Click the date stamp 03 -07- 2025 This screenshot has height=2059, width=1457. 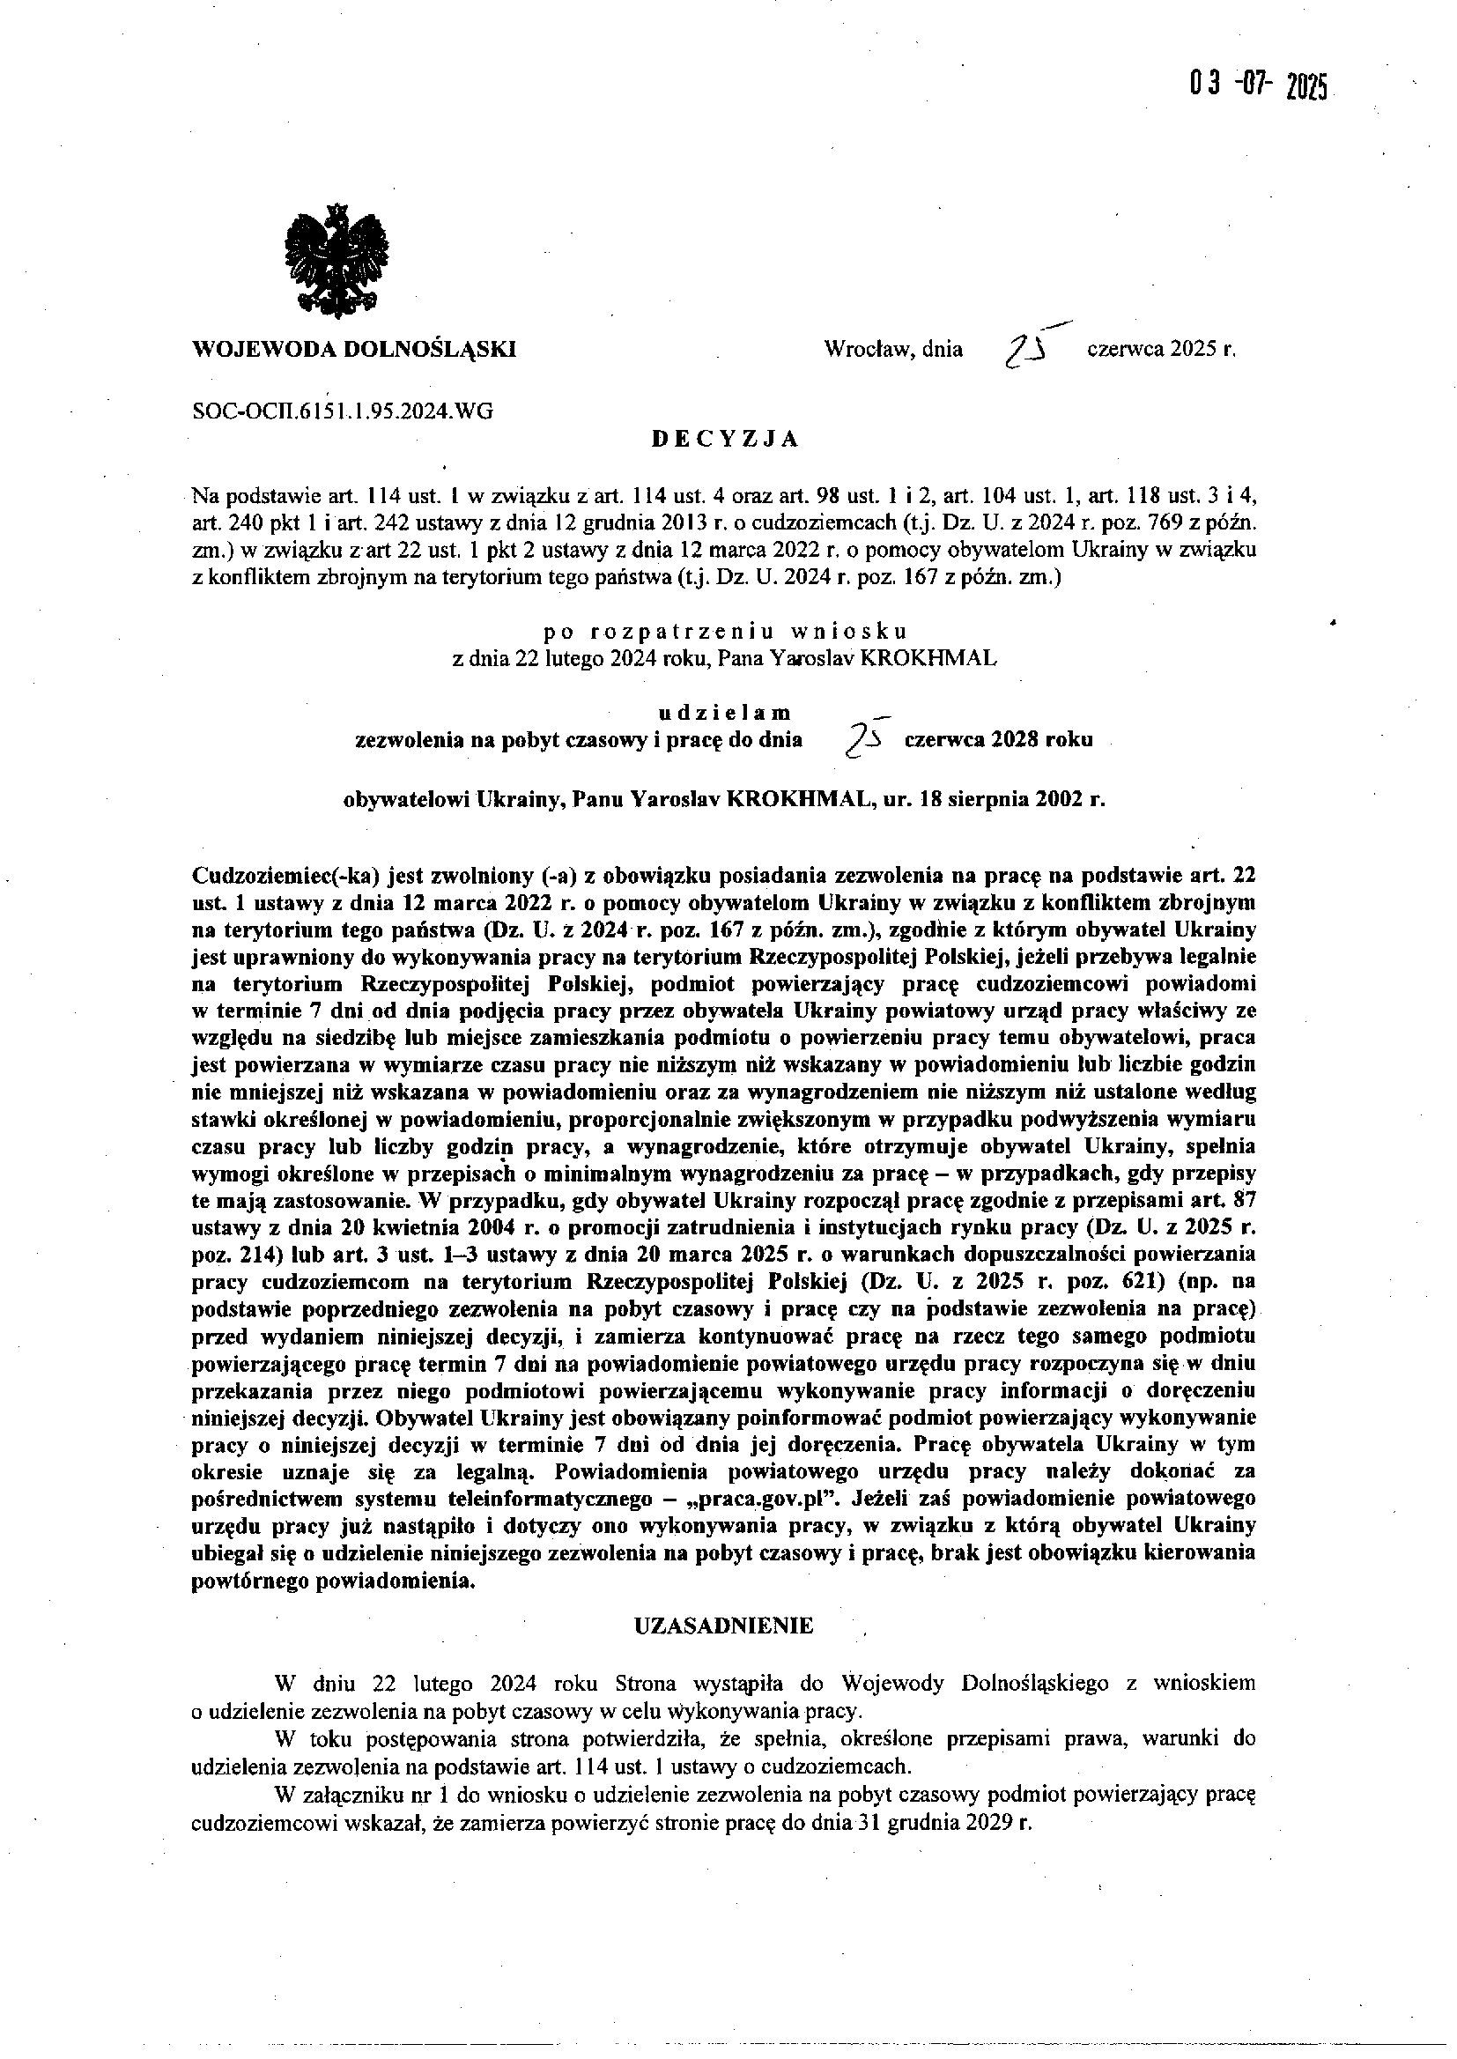[1258, 86]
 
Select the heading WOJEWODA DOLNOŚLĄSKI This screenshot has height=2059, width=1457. [354, 349]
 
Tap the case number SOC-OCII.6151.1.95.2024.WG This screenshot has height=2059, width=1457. [343, 411]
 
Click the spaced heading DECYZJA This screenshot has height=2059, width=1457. [724, 439]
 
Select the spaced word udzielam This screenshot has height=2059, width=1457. [725, 714]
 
